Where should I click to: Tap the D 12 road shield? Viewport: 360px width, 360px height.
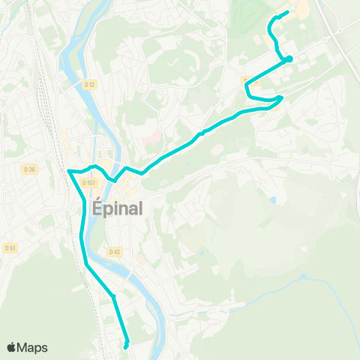click(x=90, y=85)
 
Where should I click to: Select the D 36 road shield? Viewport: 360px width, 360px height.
click(x=30, y=170)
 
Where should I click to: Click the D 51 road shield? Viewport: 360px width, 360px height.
click(x=10, y=247)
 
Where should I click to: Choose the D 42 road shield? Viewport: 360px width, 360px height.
click(x=114, y=251)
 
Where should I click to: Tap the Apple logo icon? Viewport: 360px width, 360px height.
click(x=11, y=346)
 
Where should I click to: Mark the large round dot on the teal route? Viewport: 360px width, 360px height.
click(x=289, y=59)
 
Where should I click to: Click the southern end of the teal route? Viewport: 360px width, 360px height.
click(x=125, y=346)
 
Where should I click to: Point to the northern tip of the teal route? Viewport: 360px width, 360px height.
click(x=287, y=12)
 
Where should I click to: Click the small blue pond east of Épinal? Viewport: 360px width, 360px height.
click(x=272, y=199)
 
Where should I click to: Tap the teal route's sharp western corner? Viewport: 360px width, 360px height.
click(x=68, y=171)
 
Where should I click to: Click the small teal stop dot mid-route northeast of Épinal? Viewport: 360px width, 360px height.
click(x=202, y=133)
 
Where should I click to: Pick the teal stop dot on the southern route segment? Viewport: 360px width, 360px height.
click(x=113, y=297)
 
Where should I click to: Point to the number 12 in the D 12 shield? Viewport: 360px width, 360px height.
click(x=92, y=85)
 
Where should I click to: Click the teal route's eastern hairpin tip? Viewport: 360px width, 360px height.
click(x=282, y=97)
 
